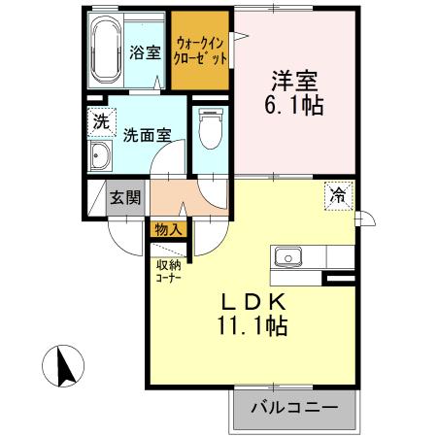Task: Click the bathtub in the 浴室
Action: point(105,51)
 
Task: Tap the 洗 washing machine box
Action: point(100,122)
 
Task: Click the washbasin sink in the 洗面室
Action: point(100,158)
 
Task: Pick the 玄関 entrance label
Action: point(123,198)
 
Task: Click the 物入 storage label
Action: point(167,230)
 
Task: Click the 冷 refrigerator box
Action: point(338,194)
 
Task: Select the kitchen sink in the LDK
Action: point(288,257)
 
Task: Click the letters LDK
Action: point(252,302)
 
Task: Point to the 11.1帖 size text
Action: point(252,327)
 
